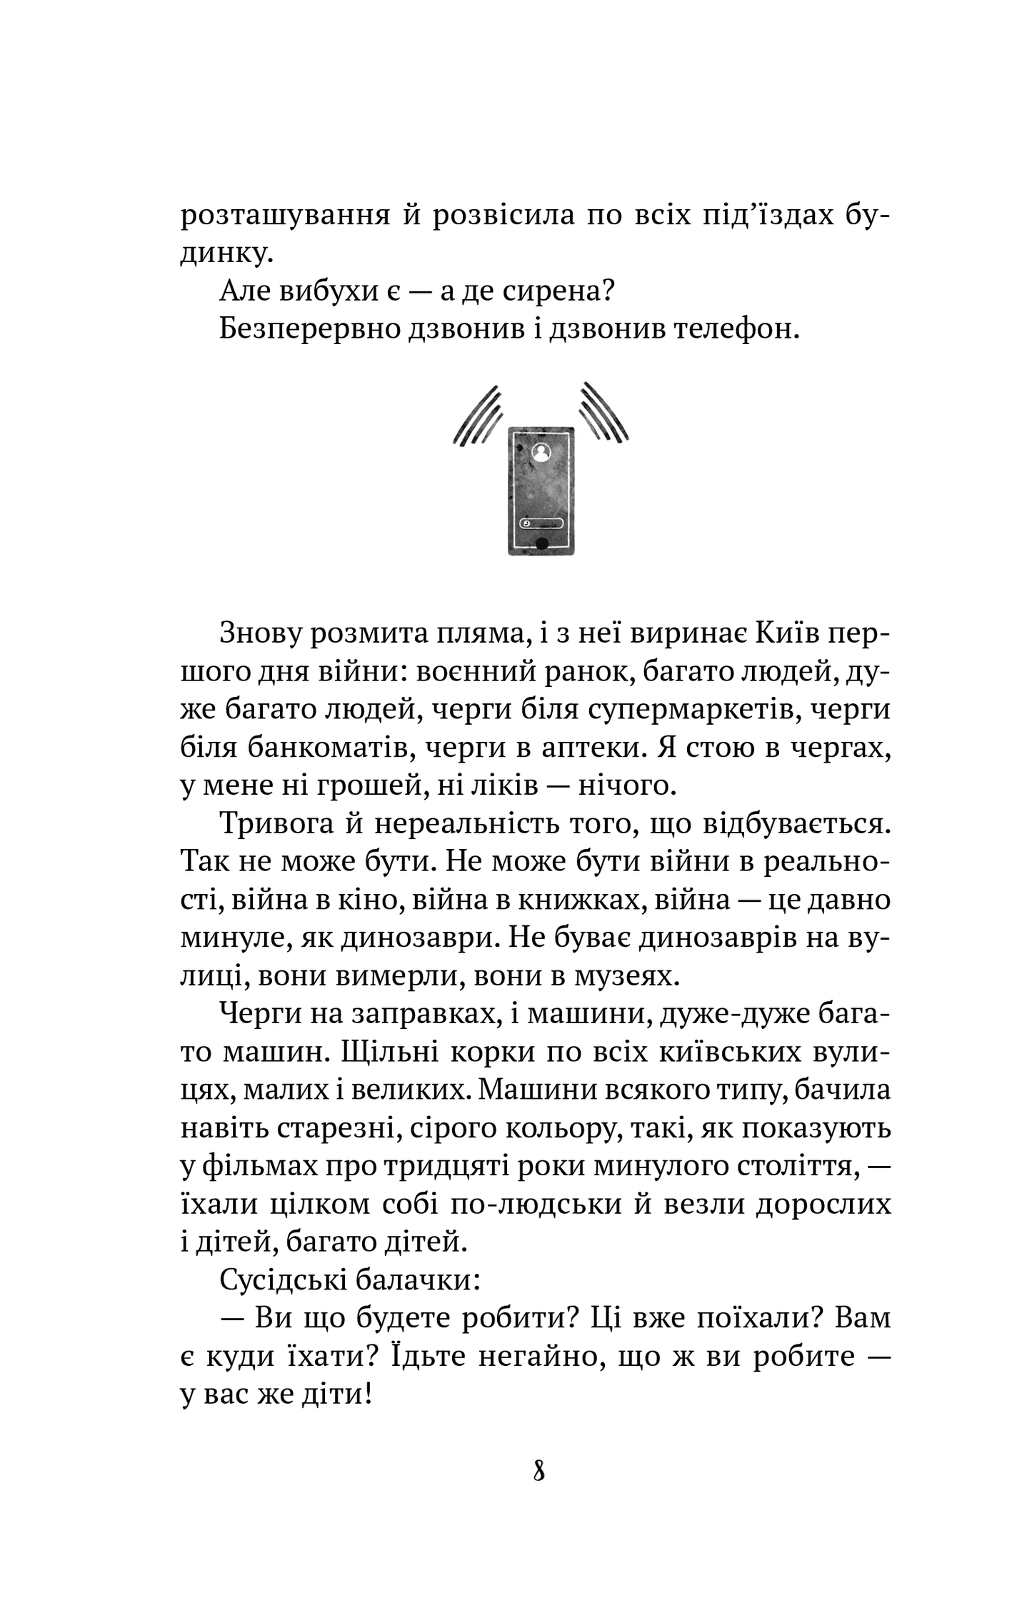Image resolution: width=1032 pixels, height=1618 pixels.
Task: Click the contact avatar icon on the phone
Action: [x=541, y=451]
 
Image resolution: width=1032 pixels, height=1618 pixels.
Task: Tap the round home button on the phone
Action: [x=541, y=544]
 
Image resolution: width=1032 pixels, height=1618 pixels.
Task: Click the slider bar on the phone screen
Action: [x=541, y=523]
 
